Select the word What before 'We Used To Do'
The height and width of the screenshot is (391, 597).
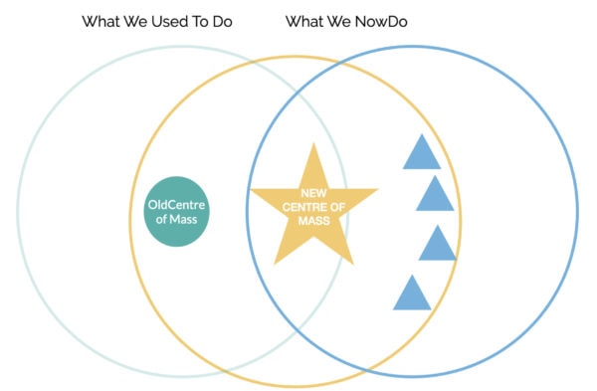(103, 21)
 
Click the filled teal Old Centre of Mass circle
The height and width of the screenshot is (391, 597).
(177, 212)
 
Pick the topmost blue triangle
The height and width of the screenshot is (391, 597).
(421, 152)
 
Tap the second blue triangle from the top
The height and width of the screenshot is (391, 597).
(435, 195)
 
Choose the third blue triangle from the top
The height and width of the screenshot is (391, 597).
(437, 244)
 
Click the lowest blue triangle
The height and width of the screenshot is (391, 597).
(412, 294)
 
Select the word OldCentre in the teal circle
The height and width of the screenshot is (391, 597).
(177, 205)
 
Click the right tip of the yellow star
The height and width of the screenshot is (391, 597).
(375, 189)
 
